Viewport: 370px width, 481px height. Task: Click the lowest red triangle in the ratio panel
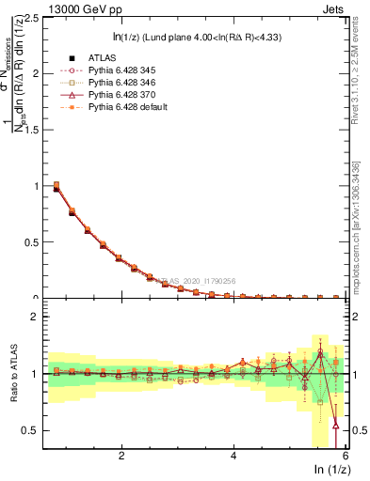point(336,425)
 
